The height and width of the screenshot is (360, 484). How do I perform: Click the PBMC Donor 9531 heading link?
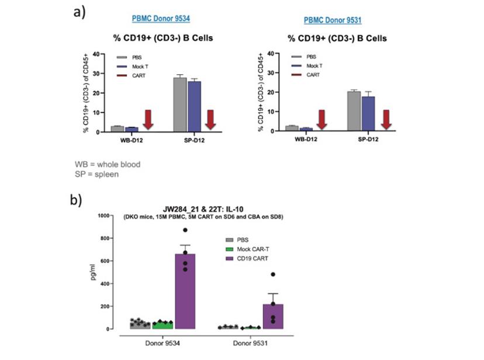click(x=332, y=20)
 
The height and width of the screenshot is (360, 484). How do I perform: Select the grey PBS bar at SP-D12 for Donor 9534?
click(x=179, y=104)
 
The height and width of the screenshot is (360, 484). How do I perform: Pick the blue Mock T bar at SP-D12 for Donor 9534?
click(x=193, y=106)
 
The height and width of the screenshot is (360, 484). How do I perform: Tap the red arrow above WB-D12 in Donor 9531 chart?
click(x=321, y=120)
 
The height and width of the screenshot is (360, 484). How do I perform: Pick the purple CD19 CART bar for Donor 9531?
click(x=274, y=316)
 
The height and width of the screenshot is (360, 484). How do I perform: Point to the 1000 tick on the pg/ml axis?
click(x=103, y=215)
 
